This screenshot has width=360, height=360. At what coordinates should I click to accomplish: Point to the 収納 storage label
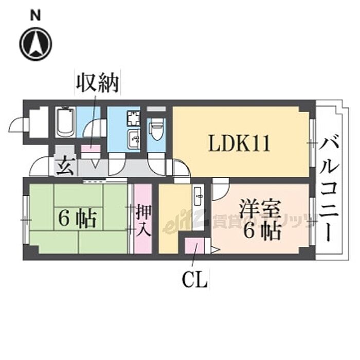pyautogui.click(x=98, y=83)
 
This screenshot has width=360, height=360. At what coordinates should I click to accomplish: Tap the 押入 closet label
pyautogui.click(x=143, y=220)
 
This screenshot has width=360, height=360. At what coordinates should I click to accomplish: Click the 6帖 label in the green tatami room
pyautogui.click(x=77, y=220)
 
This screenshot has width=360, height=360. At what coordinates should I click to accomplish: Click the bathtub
pyautogui.click(x=65, y=122)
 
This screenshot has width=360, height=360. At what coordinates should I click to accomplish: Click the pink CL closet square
pyautogui.click(x=194, y=246)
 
